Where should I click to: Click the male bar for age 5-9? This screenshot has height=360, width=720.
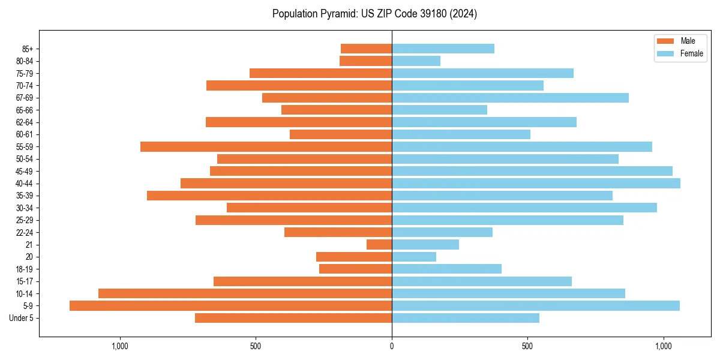(x=230, y=306)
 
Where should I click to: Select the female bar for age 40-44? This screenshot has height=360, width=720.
(x=536, y=184)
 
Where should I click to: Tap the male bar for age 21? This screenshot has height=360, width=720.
(x=379, y=245)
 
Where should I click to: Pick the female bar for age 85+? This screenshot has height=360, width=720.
(x=443, y=49)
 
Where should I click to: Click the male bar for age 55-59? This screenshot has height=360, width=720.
(x=266, y=147)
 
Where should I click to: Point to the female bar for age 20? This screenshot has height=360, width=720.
(x=414, y=257)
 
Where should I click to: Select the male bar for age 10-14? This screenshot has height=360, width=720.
(x=245, y=293)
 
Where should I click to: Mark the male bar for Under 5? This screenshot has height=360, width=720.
(x=293, y=318)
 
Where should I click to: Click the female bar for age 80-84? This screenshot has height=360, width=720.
(x=416, y=61)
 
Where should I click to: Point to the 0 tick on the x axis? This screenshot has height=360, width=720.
(x=392, y=346)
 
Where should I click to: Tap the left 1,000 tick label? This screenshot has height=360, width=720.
(x=120, y=346)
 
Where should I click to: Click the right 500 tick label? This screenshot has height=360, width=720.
(x=527, y=346)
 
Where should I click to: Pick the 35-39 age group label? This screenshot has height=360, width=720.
(x=25, y=196)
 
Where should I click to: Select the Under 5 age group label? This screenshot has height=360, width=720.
(x=22, y=318)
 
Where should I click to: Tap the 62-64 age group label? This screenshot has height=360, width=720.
(x=25, y=122)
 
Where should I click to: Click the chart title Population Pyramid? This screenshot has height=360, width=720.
(x=374, y=14)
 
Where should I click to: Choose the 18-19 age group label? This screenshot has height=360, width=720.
(x=25, y=269)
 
